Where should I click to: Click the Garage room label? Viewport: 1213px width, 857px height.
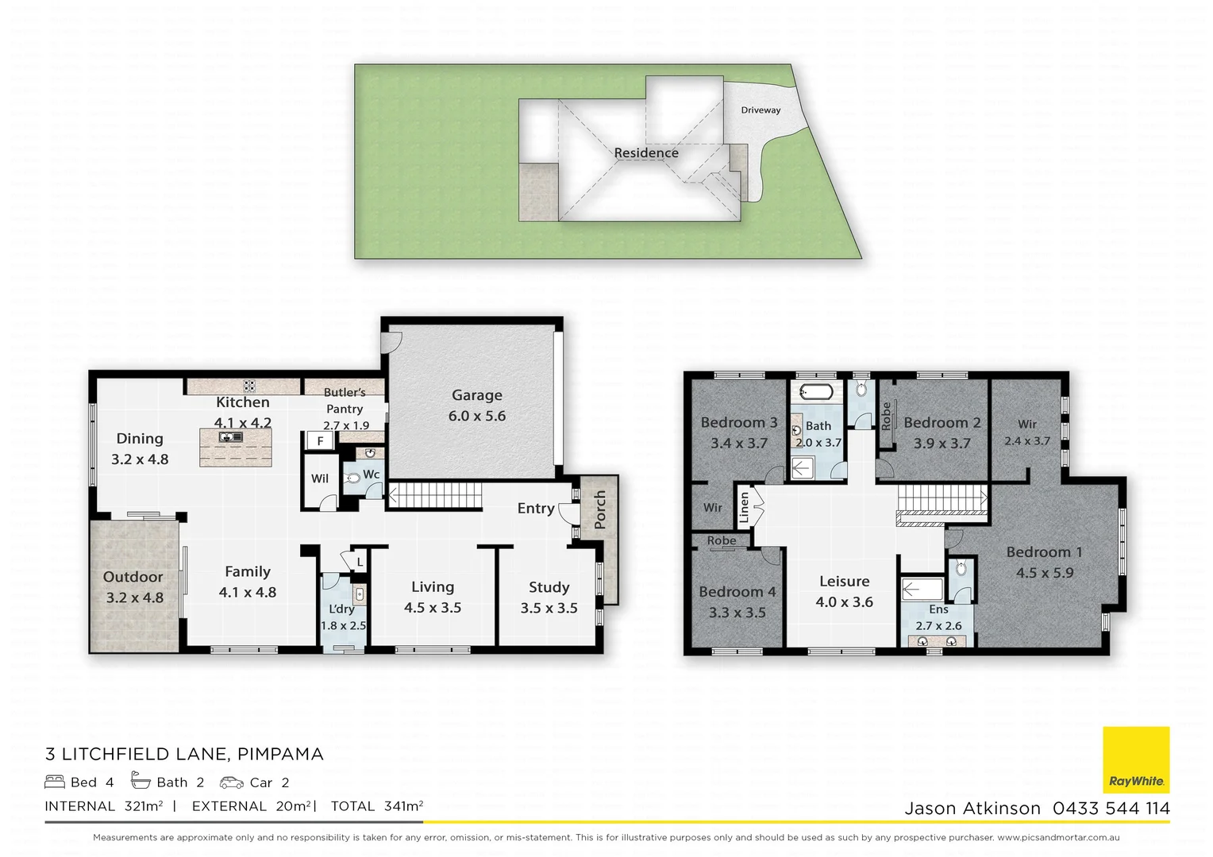click(x=476, y=395)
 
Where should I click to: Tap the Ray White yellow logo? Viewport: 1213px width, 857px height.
click(x=1136, y=759)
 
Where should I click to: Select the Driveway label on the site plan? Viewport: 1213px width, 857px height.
click(x=761, y=110)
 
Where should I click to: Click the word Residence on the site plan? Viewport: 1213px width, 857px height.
click(x=646, y=153)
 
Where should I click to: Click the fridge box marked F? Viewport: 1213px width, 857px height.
click(x=321, y=441)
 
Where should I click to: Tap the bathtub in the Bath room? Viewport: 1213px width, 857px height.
click(x=815, y=391)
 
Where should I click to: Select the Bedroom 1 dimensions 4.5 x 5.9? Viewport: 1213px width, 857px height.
click(x=1044, y=573)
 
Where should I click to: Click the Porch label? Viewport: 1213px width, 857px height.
click(x=600, y=509)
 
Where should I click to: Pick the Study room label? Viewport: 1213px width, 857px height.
click(x=549, y=587)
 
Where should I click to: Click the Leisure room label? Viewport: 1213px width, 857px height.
click(x=844, y=582)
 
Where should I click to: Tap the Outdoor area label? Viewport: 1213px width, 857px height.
click(x=133, y=577)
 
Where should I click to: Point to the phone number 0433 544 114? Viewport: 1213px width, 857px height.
click(x=1111, y=809)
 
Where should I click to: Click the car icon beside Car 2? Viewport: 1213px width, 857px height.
click(x=232, y=782)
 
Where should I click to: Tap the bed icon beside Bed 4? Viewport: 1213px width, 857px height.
click(x=54, y=782)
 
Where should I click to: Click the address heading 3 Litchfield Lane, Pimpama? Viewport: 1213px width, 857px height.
click(x=184, y=754)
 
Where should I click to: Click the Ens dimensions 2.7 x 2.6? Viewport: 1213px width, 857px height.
click(x=938, y=626)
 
